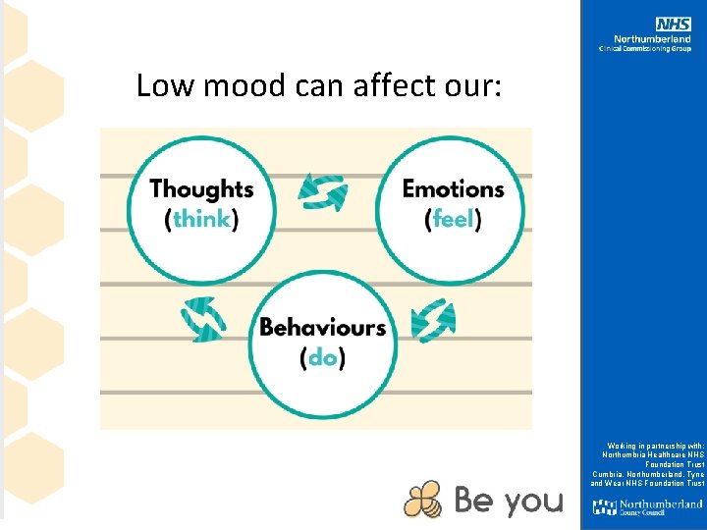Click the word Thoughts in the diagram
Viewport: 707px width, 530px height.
[x=201, y=188]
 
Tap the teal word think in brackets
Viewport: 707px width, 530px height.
[x=201, y=219]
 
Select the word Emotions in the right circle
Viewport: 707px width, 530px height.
[x=453, y=188]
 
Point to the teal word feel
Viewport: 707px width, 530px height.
[x=453, y=219]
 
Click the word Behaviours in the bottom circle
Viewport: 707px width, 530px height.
[x=323, y=327]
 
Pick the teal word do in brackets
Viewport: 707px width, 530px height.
[x=323, y=358]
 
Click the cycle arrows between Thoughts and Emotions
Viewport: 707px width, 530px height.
[x=323, y=192]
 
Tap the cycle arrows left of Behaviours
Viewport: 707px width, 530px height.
[x=203, y=320]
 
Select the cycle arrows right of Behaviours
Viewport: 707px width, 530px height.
[x=433, y=320]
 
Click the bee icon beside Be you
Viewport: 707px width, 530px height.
[x=423, y=500]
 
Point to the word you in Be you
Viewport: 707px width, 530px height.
[x=534, y=502]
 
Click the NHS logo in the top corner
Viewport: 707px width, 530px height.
[x=674, y=24]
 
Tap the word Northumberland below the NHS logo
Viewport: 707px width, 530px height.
[x=659, y=39]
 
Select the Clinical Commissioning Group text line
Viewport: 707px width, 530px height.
[x=645, y=49]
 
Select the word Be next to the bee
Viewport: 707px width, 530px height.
[x=473, y=501]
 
